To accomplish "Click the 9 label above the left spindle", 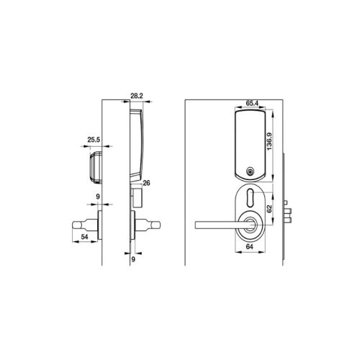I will [97, 196].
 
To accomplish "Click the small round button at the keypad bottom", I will [249, 171].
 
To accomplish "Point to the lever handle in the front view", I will [216, 223].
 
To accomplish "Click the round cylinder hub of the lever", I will [249, 222].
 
